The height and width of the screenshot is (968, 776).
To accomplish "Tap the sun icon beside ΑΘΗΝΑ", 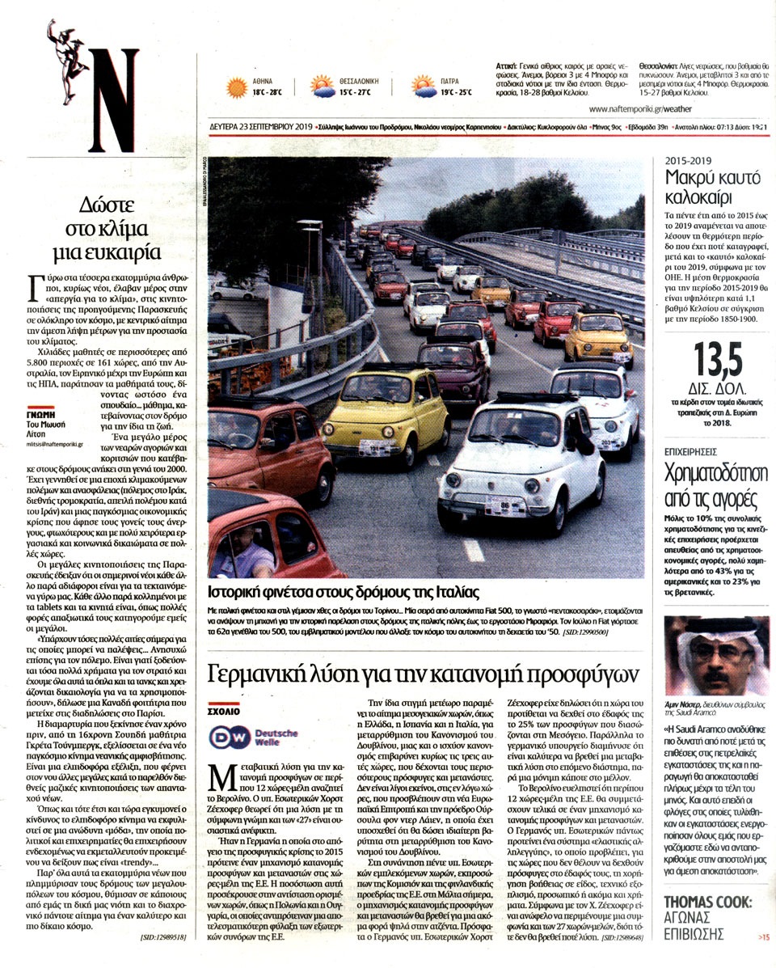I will tap(236, 87).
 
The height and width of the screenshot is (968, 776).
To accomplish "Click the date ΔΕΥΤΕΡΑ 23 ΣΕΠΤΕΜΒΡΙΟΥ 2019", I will tap(259, 127).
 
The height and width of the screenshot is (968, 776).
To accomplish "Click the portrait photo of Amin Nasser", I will tap(715, 656).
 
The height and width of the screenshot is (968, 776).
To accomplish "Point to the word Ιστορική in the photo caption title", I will tap(235, 590).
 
